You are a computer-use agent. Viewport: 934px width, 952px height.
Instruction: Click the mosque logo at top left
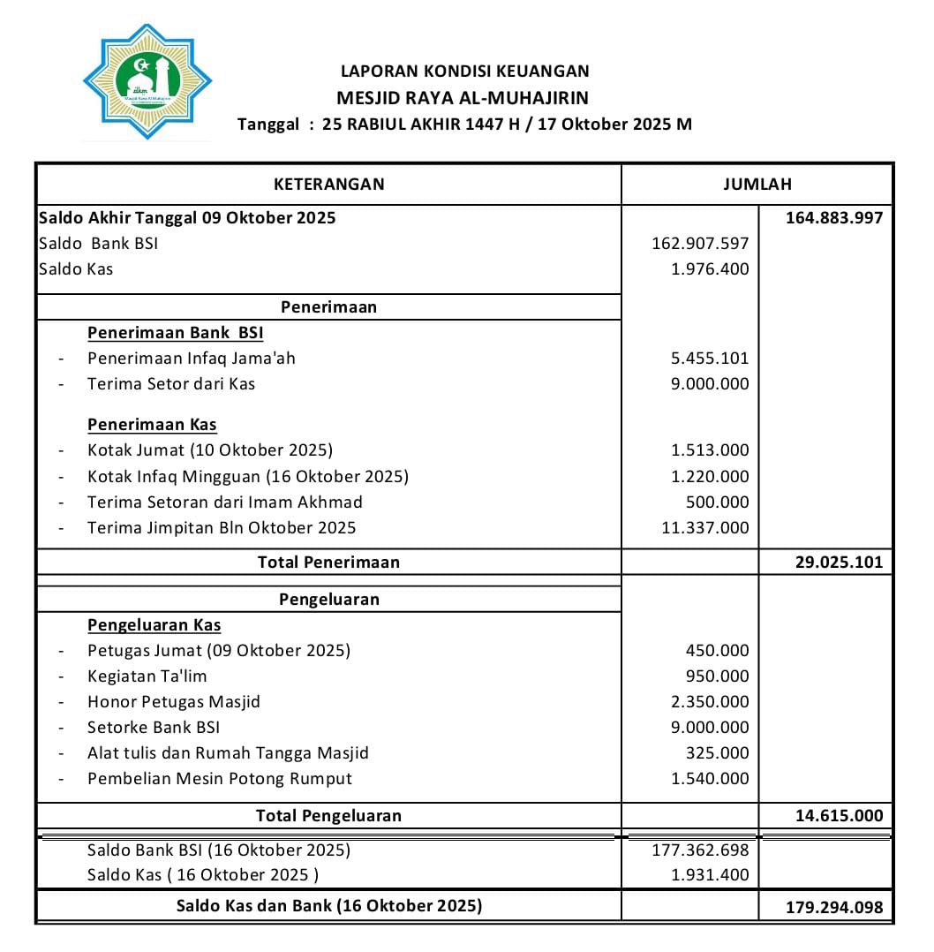[x=147, y=81]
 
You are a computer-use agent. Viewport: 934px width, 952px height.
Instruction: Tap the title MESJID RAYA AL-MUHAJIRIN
[x=463, y=98]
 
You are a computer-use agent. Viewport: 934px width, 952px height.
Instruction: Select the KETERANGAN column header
[x=328, y=184]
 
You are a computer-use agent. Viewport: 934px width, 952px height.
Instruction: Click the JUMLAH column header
[x=757, y=184]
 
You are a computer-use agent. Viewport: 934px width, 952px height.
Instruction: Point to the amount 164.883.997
[x=833, y=217]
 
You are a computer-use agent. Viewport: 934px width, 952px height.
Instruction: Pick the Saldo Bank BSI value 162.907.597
[x=699, y=243]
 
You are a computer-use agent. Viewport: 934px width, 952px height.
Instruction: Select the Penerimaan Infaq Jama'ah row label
[x=191, y=358]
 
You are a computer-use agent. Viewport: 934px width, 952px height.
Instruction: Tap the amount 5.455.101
[x=709, y=358]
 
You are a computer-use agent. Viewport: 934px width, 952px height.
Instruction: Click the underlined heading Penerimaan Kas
[x=152, y=424]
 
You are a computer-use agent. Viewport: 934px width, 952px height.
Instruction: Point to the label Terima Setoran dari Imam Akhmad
[x=224, y=502]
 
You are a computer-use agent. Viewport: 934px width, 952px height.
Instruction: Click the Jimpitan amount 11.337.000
[x=704, y=527]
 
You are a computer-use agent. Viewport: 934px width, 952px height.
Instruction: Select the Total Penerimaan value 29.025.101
[x=838, y=562]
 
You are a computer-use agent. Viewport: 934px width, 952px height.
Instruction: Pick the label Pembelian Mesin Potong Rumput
[x=219, y=778]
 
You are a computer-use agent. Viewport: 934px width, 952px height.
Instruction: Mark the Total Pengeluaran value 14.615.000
[x=838, y=815]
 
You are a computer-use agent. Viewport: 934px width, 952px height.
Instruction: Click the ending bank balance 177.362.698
[x=699, y=850]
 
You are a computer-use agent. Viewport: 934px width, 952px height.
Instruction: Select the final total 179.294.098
[x=833, y=907]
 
